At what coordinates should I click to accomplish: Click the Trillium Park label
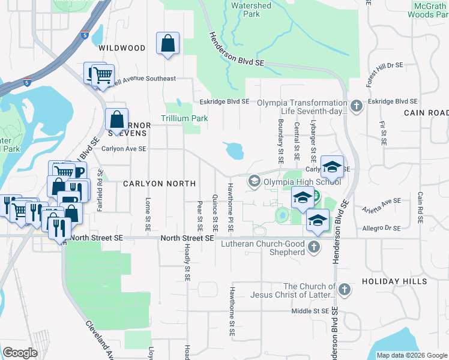(184, 118)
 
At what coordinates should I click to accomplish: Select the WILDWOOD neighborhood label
(122, 47)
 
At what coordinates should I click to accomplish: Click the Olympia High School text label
(302, 182)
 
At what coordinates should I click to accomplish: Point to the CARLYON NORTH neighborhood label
(160, 184)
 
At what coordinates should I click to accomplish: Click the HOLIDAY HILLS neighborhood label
(394, 281)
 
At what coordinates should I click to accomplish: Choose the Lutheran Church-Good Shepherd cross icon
(313, 247)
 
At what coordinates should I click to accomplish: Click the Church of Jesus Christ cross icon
(344, 290)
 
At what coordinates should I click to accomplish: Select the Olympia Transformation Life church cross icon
(357, 107)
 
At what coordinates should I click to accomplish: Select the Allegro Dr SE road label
(381, 228)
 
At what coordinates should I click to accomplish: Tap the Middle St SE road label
(310, 311)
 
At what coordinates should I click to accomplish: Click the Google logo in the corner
(20, 353)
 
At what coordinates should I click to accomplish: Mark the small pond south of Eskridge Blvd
(234, 151)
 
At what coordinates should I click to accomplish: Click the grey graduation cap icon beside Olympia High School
(254, 181)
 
